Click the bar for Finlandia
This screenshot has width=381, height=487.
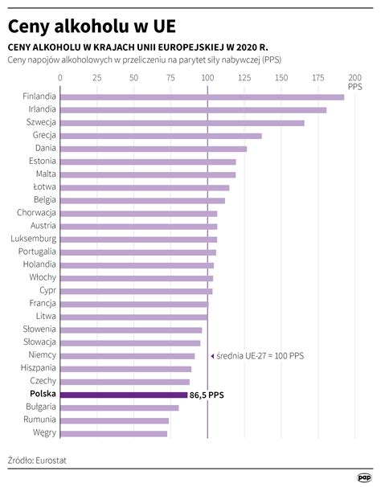[x=202, y=97]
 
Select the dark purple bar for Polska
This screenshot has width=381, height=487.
[x=124, y=395]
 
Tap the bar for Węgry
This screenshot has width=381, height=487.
[x=113, y=433]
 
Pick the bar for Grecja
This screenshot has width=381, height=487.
[x=161, y=136]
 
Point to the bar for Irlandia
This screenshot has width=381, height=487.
[x=193, y=110]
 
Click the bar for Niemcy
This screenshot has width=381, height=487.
[x=127, y=355]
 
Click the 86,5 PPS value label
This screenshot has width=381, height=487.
[x=208, y=395]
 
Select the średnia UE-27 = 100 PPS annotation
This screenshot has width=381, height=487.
[x=259, y=355]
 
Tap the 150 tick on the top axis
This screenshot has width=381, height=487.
[x=281, y=79]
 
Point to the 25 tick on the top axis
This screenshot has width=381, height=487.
[x=96, y=79]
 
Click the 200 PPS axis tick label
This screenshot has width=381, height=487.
[x=354, y=81]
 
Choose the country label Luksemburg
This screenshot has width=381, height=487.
[x=33, y=239]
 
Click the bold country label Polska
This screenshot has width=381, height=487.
[x=43, y=394]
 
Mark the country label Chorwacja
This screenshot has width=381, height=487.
[x=36, y=213]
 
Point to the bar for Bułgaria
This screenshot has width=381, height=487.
[x=119, y=407]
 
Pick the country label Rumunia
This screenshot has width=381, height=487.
[x=39, y=419]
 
